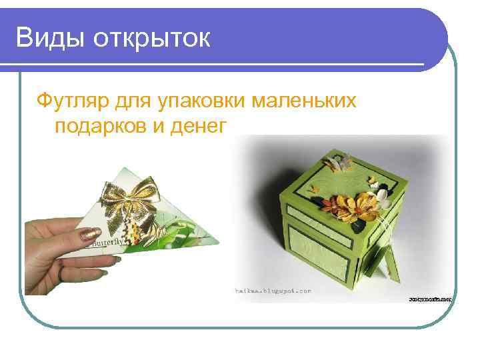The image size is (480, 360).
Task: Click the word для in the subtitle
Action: pos(134,101)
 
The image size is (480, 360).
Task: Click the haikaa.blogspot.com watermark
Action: pos(273,291)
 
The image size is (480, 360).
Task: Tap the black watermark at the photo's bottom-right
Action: pos(429,301)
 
